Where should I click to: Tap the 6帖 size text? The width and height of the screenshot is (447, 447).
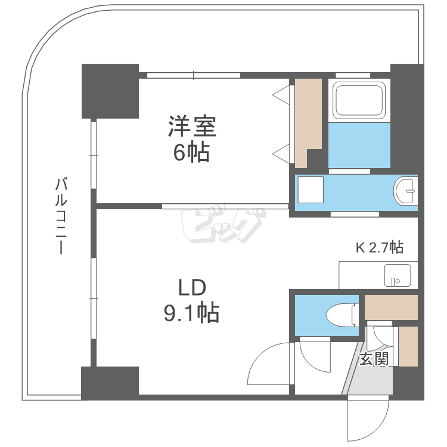click(x=191, y=153)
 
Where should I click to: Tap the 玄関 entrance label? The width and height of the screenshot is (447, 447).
click(x=374, y=359)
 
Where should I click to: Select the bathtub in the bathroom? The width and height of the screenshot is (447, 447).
click(x=359, y=101)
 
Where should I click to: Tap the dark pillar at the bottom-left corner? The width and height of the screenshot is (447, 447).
click(x=110, y=382)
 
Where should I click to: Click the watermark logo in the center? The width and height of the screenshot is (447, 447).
click(x=223, y=226)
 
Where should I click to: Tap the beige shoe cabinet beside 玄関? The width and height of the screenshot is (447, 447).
click(x=408, y=346)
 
